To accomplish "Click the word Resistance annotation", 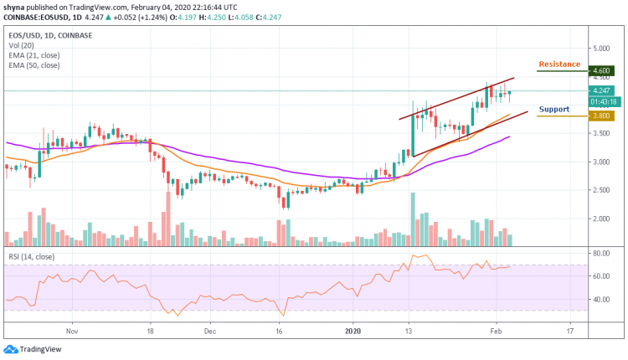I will coord(560,64).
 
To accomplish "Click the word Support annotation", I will coord(553,109).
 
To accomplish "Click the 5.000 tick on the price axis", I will coord(601,48).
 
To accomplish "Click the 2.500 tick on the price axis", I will coord(601,190).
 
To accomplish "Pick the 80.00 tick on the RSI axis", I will coord(601,252).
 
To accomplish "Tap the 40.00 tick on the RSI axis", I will coord(601,299).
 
